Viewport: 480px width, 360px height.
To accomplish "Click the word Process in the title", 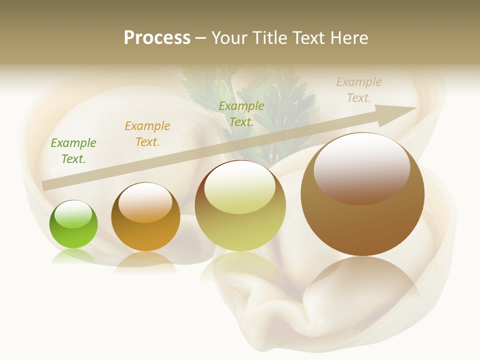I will [157, 38].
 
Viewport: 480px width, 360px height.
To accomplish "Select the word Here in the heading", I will [349, 38].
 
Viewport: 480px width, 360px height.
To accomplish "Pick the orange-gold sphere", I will [145, 217].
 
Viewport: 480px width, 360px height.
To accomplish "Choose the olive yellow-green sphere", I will [240, 205].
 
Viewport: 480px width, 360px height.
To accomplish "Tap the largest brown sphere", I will [362, 194].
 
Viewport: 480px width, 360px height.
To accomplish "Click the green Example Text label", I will [73, 151].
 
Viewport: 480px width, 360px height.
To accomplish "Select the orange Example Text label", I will [147, 134].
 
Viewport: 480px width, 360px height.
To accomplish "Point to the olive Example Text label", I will [241, 114].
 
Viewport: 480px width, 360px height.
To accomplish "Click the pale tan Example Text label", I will [359, 90].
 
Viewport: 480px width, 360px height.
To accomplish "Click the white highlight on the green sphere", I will [73, 214].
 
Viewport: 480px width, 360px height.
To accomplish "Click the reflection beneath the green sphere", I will [73, 256].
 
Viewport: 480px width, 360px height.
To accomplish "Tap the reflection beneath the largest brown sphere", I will [362, 280].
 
